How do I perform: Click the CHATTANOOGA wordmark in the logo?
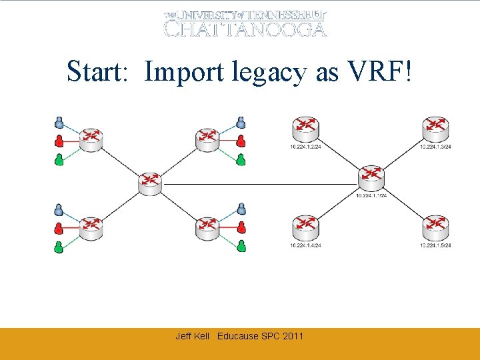click(245, 29)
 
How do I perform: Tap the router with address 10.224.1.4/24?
click(305, 229)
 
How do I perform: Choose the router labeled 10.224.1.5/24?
click(436, 229)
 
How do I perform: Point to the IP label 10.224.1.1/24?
click(371, 195)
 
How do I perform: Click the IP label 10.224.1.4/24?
click(305, 245)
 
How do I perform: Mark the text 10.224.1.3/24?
click(436, 147)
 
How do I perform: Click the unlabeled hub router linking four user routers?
click(151, 183)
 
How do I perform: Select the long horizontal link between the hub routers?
click(260, 183)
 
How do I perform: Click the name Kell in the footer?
click(203, 336)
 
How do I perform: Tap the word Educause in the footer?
click(238, 336)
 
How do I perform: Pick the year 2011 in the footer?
click(293, 336)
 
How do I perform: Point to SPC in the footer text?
click(271, 336)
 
